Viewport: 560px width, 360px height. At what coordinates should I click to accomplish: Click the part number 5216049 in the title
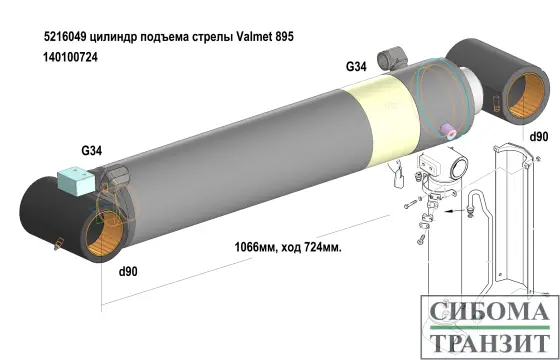[65, 36]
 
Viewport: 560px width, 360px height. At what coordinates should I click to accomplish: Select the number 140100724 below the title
[70, 57]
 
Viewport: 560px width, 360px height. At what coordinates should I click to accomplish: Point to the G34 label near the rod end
[356, 66]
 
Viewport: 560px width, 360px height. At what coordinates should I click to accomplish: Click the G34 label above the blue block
[92, 151]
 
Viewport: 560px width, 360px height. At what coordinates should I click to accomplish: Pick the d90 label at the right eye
[539, 137]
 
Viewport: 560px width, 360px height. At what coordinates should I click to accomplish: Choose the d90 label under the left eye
[128, 272]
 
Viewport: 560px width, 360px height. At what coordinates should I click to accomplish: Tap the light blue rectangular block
[76, 181]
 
